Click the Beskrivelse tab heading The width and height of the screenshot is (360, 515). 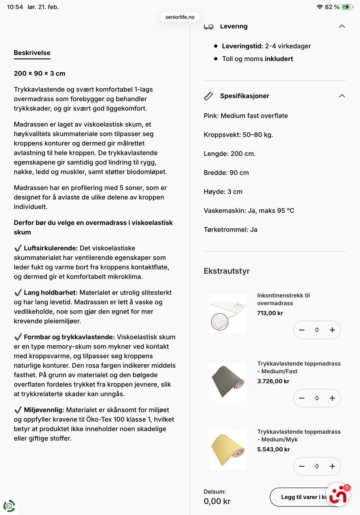click(32, 53)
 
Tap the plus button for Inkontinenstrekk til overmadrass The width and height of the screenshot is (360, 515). click(332, 330)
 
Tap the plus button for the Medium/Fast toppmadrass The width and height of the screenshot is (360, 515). click(332, 398)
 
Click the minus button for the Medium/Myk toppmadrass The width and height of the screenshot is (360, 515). click(301, 466)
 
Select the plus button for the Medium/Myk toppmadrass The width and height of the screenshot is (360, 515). click(332, 466)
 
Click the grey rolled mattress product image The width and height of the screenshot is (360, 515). click(228, 382)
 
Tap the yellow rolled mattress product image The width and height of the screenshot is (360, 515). click(228, 450)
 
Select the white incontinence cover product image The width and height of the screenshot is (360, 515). click(228, 314)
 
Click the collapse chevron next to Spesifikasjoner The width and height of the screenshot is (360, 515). click(342, 96)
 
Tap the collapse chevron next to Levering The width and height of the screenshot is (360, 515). click(342, 26)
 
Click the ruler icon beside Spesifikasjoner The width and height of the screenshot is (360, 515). click(208, 96)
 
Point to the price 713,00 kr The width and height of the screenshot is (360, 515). click(270, 313)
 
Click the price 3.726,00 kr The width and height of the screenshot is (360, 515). click(273, 381)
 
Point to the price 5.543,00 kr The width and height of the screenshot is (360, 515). click(273, 449)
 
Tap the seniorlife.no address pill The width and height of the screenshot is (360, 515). click(180, 17)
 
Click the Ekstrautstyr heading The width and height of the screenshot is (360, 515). click(226, 271)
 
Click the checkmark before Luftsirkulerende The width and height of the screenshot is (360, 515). click(18, 248)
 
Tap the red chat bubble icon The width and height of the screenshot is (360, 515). click(338, 495)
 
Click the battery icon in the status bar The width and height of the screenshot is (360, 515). click(347, 7)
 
